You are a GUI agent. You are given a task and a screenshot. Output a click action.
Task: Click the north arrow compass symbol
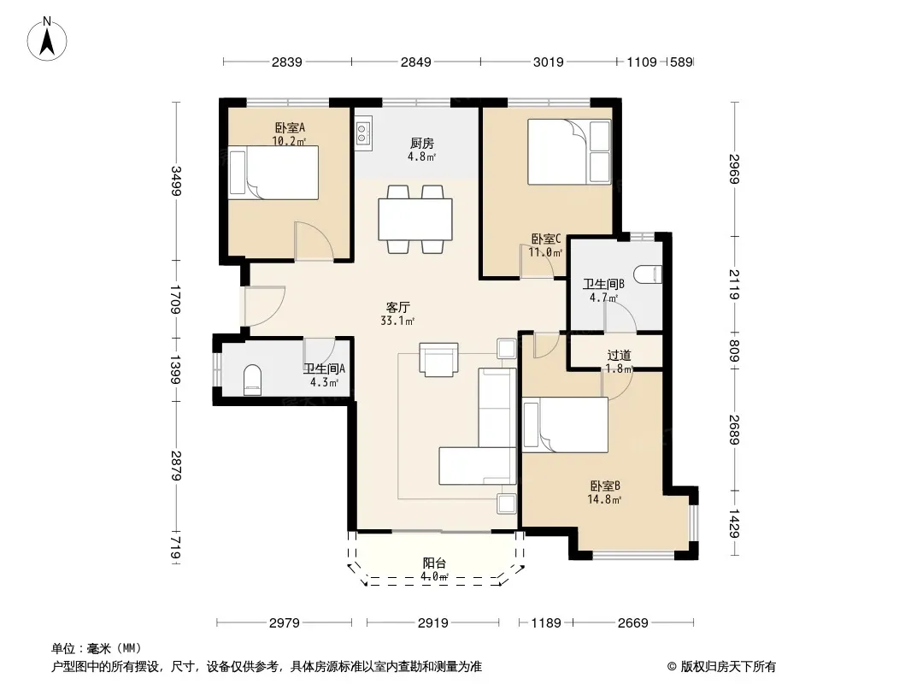(x=47, y=39)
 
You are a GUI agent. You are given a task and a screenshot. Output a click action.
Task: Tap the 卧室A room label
(x=290, y=128)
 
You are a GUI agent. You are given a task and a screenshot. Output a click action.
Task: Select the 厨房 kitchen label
(x=422, y=143)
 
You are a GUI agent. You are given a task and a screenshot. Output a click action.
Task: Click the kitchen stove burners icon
(x=364, y=133)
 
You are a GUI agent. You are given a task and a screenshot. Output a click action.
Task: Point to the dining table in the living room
(x=414, y=219)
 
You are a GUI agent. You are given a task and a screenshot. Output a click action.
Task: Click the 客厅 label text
(x=398, y=307)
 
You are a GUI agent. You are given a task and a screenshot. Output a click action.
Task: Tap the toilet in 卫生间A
(x=252, y=380)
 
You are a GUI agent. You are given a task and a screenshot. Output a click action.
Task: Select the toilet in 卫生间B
(x=647, y=274)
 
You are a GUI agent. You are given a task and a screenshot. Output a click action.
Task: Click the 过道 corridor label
(x=619, y=355)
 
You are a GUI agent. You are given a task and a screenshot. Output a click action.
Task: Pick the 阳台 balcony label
(x=435, y=563)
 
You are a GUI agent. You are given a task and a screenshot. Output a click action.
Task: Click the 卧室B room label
(x=605, y=486)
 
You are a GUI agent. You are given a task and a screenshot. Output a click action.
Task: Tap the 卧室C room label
(x=546, y=239)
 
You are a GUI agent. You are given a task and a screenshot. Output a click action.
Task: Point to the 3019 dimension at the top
(x=549, y=62)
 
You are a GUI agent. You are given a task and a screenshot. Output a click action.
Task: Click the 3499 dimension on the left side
(x=175, y=180)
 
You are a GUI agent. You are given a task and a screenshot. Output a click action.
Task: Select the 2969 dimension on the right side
(x=734, y=169)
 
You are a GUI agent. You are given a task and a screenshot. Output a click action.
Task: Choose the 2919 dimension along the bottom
(x=432, y=623)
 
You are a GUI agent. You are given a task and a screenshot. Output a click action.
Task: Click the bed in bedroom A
(x=273, y=173)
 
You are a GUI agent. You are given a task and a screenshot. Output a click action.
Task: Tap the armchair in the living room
(x=438, y=359)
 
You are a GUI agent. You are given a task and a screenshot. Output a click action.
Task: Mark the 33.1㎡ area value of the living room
(x=398, y=321)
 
